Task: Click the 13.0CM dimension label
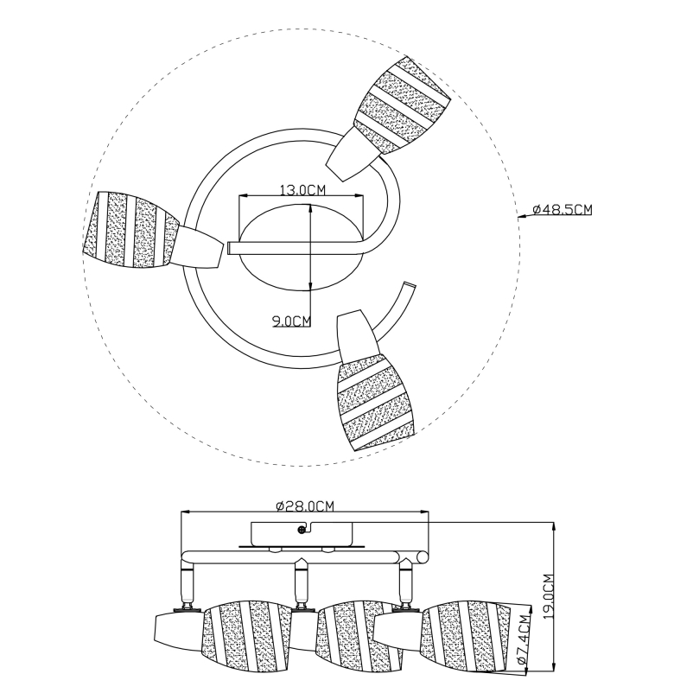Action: (x=302, y=189)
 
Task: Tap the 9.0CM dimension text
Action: (x=292, y=321)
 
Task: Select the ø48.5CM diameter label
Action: (x=563, y=209)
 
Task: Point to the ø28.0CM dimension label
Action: (x=305, y=505)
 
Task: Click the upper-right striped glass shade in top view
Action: (x=401, y=105)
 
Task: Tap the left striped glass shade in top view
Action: (x=130, y=229)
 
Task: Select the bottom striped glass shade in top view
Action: (x=376, y=401)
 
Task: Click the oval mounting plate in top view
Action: (x=302, y=247)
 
